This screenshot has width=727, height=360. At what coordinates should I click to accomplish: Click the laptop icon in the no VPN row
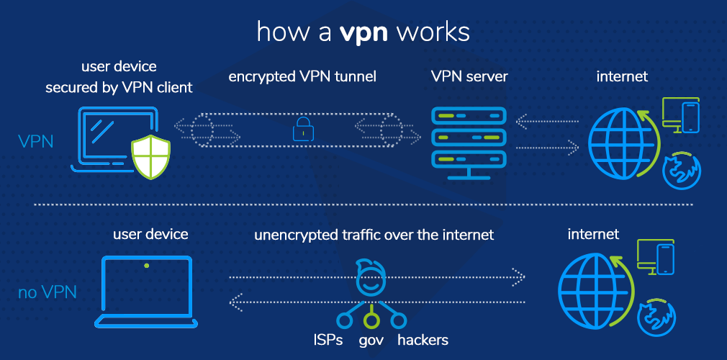(147, 291)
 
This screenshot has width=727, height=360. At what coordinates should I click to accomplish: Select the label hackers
(423, 339)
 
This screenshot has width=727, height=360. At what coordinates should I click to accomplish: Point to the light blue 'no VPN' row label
(47, 293)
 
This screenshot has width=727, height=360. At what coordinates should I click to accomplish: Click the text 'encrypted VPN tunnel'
(302, 76)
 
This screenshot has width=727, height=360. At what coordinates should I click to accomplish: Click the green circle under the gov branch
(371, 318)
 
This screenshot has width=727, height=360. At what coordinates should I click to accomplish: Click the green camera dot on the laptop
(147, 266)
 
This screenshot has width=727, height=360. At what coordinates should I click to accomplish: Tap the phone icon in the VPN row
(690, 117)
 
